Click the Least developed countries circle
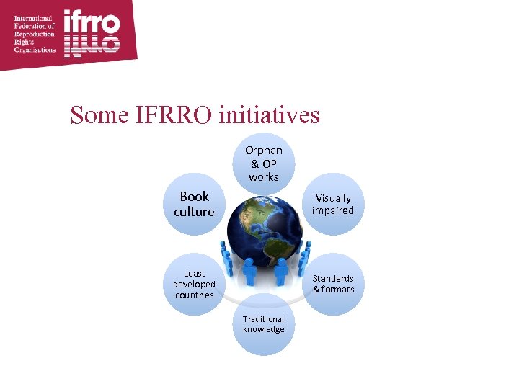point(194,284)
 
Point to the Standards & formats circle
point(333,284)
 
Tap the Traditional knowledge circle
point(264,324)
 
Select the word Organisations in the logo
point(35,50)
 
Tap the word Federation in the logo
point(31,26)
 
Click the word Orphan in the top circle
point(264,151)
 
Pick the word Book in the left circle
point(194,196)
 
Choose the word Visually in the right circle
point(333,198)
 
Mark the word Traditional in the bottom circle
point(264,318)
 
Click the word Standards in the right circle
point(333,278)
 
